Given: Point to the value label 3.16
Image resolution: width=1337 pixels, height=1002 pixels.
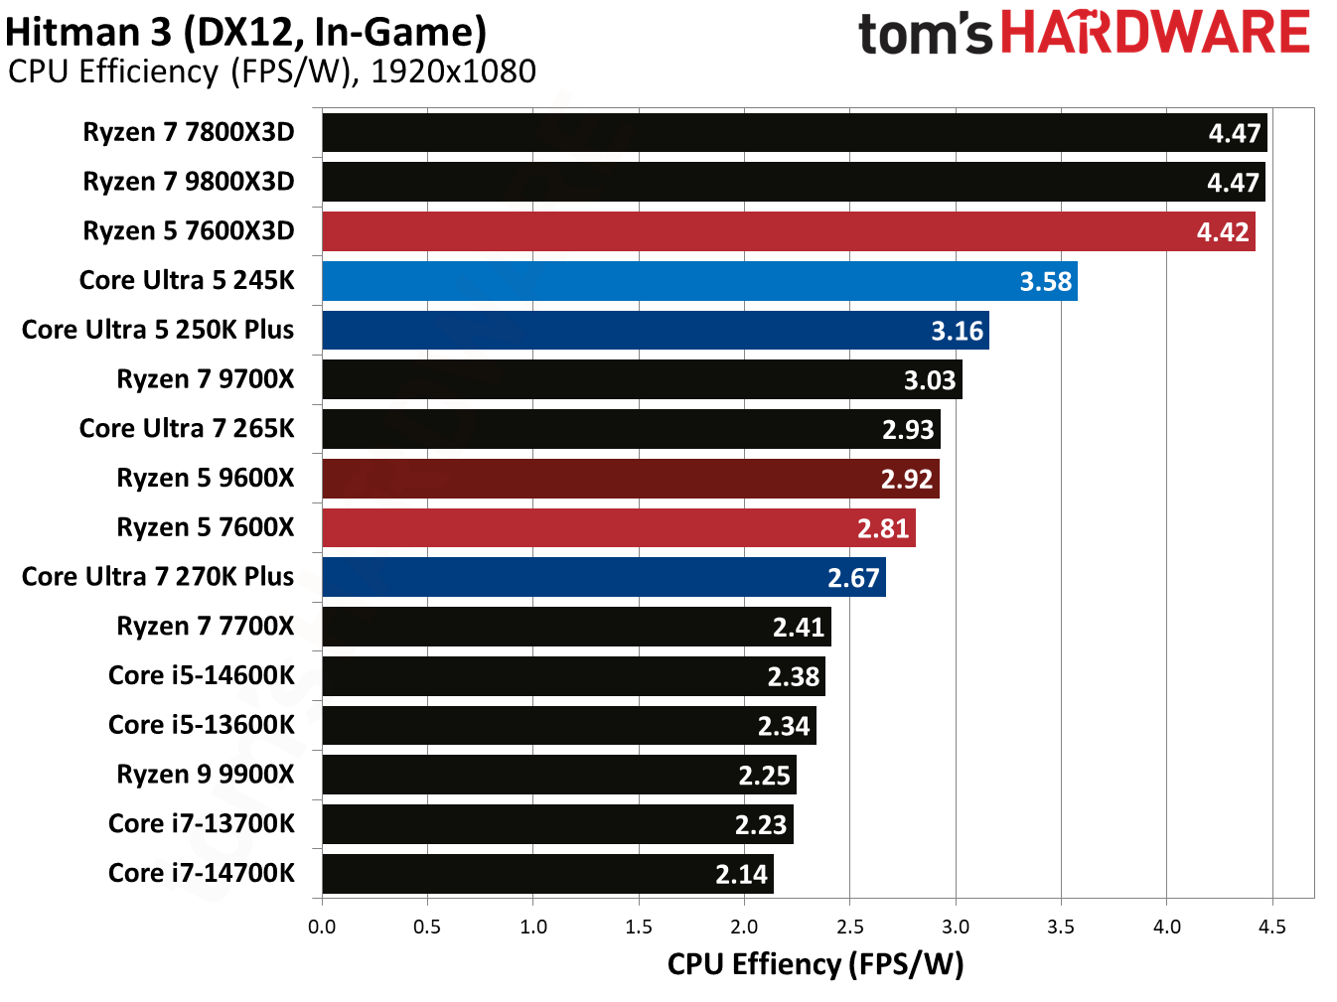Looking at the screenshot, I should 957,331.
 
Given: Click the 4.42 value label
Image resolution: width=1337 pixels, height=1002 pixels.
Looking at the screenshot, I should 1222,232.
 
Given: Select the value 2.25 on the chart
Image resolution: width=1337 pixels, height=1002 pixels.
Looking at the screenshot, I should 764,776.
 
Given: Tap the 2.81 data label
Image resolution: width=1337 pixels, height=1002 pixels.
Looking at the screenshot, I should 883,528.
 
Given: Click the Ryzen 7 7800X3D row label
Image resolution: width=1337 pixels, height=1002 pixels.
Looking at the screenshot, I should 189,132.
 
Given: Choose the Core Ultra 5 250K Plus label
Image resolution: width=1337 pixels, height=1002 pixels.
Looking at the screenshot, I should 158,330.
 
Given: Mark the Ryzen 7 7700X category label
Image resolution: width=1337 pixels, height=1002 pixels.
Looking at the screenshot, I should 206,627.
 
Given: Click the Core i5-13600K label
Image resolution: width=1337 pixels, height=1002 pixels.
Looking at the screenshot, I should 202,725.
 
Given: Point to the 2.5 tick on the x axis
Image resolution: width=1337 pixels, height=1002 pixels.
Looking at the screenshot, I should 849,927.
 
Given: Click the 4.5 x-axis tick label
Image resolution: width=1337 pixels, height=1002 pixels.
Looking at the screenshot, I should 1271,927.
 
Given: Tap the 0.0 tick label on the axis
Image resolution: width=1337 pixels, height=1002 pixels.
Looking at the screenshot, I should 322,927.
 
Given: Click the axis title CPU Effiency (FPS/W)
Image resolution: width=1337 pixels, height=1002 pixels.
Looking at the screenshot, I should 815,964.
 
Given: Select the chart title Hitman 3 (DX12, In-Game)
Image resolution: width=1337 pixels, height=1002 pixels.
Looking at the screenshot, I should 245,32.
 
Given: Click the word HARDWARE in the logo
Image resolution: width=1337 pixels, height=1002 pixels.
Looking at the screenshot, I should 1155,33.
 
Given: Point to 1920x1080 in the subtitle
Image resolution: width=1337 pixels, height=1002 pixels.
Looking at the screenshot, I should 453,72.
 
